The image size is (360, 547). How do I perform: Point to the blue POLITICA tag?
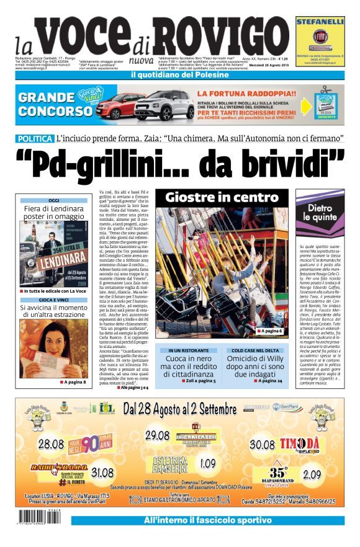pyautogui.click(x=35, y=138)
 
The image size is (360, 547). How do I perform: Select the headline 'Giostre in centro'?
pyautogui.click(x=222, y=197)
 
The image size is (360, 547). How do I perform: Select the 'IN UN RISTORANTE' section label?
pyautogui.click(x=186, y=350)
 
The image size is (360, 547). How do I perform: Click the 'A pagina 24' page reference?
pyautogui.click(x=268, y=380)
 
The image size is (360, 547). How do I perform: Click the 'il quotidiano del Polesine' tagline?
pyautogui.click(x=179, y=75)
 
